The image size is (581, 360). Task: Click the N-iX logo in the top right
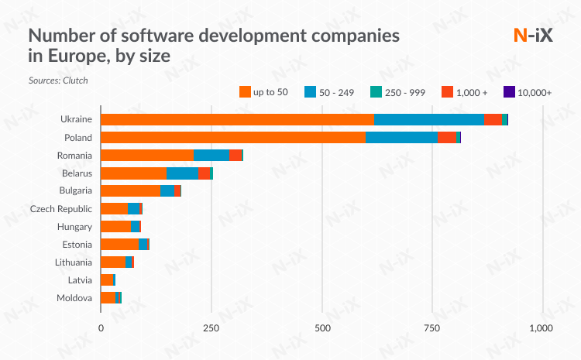point(534,36)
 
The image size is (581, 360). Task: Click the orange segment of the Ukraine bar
point(237,119)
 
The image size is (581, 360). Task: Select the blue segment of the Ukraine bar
point(429,119)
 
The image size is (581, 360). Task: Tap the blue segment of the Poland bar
point(401,137)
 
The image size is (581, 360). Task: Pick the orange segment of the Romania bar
point(146,155)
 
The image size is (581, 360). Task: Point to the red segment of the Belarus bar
point(204,173)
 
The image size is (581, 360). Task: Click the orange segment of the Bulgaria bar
point(130,190)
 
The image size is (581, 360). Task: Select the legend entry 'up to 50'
point(263,92)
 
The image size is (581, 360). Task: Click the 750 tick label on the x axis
point(432,328)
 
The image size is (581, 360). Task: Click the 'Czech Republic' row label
point(61,209)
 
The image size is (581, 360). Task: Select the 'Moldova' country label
point(74,298)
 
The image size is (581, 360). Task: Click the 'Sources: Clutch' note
point(58,80)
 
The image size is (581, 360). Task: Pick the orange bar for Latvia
point(106,279)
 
